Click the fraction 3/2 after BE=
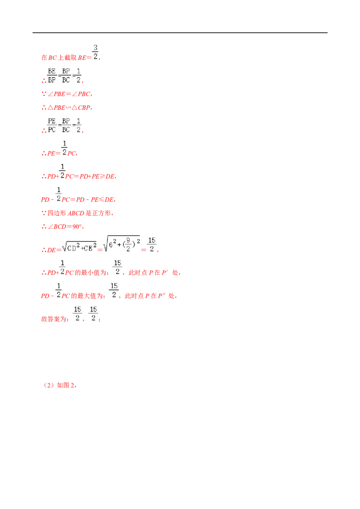95,52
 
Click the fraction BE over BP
52,76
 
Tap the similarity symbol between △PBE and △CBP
68,108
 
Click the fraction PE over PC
52,125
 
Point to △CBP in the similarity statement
81,108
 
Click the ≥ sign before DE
102,177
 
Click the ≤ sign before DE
102,200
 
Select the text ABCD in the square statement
76,213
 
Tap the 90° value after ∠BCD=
77,227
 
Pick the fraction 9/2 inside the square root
128,245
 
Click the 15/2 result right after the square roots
152,245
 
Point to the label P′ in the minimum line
165,272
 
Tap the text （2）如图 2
59,385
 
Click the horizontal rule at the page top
180,33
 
